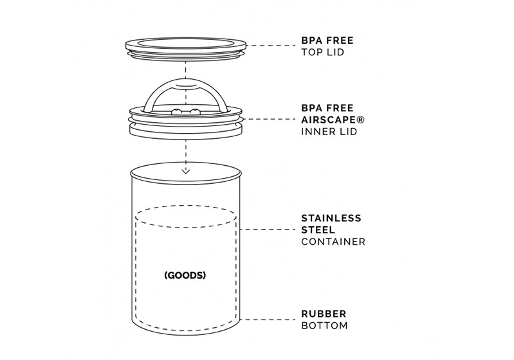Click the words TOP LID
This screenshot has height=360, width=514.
(322, 52)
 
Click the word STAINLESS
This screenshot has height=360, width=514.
(331, 218)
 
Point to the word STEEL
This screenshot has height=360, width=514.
(318, 230)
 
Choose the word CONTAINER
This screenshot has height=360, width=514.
(333, 242)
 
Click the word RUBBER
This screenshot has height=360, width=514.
(324, 314)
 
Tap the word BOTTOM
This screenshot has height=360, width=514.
(324, 325)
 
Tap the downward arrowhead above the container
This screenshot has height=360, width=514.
(185, 170)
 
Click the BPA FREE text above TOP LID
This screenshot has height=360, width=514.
(327, 40)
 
